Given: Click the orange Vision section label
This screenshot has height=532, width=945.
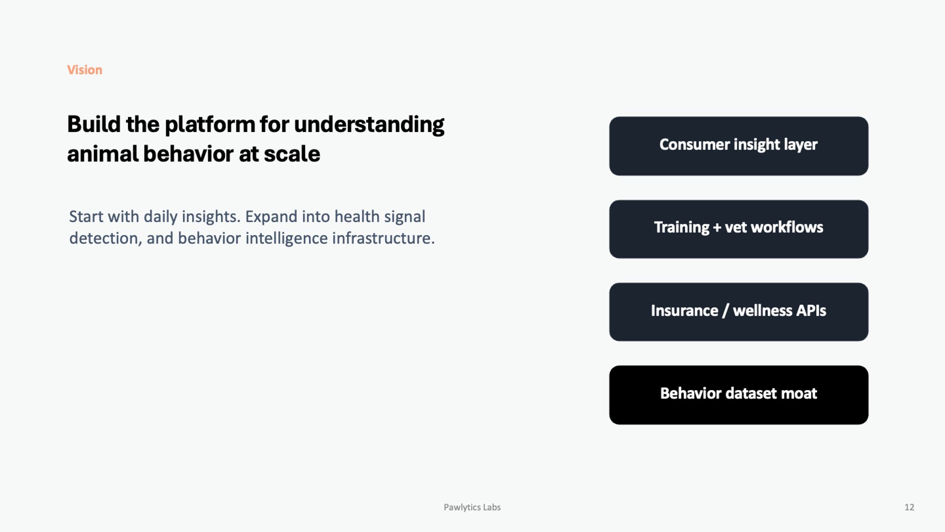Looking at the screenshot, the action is (x=85, y=70).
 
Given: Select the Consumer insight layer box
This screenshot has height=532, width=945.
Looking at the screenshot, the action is (x=738, y=146).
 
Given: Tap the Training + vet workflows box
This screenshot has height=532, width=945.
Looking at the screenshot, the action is (x=738, y=229).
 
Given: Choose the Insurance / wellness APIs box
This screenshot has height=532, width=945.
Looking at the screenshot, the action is (x=738, y=312).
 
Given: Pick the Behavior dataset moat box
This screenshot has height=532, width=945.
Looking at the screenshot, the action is (x=738, y=395).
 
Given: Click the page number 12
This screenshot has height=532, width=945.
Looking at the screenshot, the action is (x=909, y=507).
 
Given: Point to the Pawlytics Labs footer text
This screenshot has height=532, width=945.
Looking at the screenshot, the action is (x=472, y=507).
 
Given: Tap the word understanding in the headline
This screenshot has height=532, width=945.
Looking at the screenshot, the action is (x=369, y=125).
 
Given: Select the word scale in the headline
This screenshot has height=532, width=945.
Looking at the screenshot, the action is (x=292, y=154).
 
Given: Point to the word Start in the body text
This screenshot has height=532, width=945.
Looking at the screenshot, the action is (x=87, y=217).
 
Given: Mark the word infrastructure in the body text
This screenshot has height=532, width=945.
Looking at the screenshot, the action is (x=383, y=238).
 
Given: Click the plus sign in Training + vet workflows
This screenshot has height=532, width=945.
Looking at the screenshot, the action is (x=717, y=228).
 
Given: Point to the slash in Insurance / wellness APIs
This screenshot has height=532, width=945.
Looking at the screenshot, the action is (x=725, y=311).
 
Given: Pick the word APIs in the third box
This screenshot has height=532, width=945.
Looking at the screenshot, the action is (x=811, y=311).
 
